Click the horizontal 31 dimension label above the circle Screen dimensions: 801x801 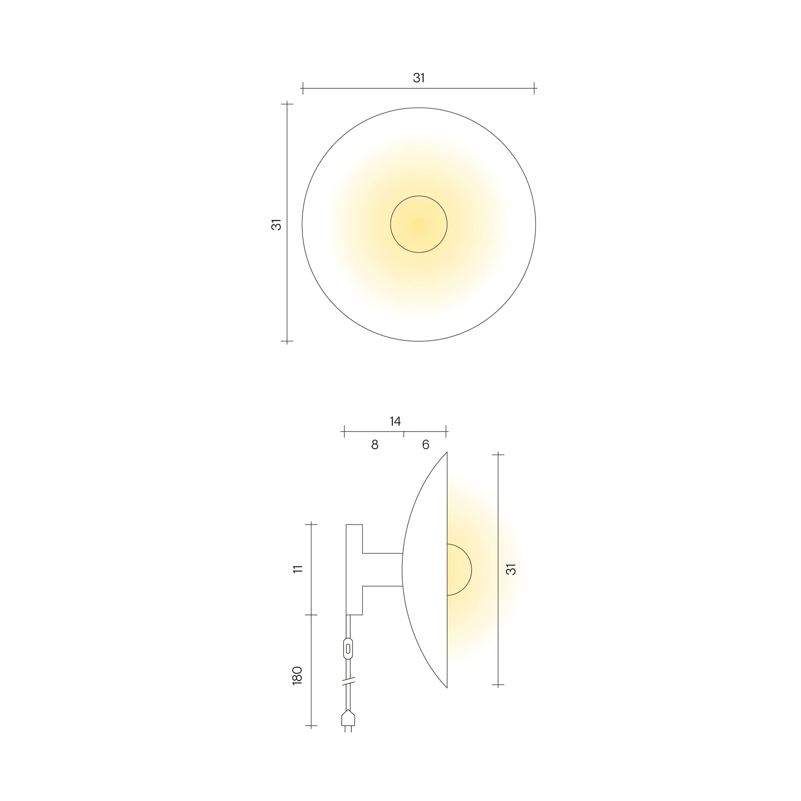(x=419, y=78)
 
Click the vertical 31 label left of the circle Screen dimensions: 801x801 (x=276, y=225)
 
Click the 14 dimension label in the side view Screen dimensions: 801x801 (x=395, y=421)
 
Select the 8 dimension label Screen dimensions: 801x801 (x=375, y=445)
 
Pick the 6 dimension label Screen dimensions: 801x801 (x=426, y=445)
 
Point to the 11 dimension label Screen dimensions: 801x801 (x=298, y=569)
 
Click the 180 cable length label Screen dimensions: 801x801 (x=297, y=675)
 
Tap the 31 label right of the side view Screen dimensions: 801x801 (x=511, y=569)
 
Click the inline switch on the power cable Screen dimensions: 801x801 (x=348, y=649)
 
